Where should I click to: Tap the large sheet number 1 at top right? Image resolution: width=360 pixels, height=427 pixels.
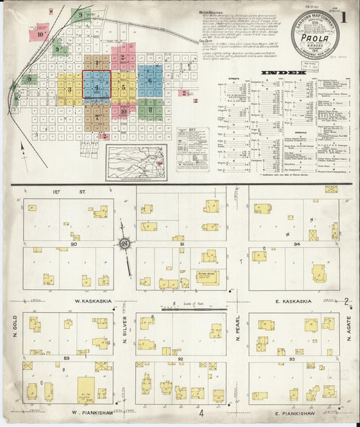coord(345,17)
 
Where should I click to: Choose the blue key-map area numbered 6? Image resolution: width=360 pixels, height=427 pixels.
coord(149,80)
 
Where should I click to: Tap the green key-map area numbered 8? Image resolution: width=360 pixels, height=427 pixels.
coord(150,109)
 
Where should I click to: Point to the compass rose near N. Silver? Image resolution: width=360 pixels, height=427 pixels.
coord(124,243)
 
